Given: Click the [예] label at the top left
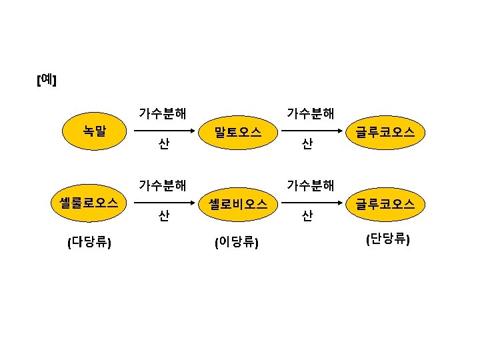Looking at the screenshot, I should [46, 81].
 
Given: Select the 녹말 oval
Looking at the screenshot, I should [94, 130].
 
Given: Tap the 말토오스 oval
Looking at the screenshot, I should [237, 132].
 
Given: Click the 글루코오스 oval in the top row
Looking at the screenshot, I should [385, 132].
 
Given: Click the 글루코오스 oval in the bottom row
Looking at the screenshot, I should [385, 203].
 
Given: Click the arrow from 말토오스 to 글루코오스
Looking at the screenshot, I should [311, 131].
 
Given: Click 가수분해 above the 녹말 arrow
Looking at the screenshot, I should [162, 113].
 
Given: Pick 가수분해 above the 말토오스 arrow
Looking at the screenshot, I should [310, 113].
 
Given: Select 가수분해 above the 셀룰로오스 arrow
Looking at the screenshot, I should [162, 184].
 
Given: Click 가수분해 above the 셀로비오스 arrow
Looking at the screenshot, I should [310, 184].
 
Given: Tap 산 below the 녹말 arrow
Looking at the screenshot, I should [163, 143].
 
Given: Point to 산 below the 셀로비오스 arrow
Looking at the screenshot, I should [307, 215].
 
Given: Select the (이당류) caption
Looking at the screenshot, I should [236, 242].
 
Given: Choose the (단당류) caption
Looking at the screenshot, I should [387, 239].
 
